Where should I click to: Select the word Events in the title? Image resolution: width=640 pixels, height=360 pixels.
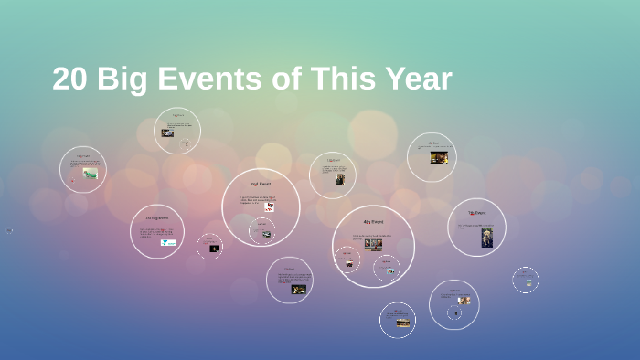pos(210,79)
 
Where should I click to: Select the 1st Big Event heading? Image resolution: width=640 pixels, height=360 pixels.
pos(157,218)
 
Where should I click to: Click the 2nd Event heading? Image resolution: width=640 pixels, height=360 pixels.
pos(261,184)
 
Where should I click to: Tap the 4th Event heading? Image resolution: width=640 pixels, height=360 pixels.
pos(373,222)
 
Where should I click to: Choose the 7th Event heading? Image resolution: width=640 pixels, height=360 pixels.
pos(476,213)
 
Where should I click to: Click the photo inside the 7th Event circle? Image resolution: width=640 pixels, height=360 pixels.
pos(486,237)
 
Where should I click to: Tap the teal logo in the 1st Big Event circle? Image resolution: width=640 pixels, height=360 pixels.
pos(169,242)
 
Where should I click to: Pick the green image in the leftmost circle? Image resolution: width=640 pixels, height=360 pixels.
pos(90,173)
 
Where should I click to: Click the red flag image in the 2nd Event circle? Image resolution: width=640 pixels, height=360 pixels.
pos(270,206)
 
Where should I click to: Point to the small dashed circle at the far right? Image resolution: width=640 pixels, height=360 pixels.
pos(525,281)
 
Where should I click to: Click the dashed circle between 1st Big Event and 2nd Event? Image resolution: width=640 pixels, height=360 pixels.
pos(210,247)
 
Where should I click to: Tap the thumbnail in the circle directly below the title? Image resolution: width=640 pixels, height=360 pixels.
pos(167,132)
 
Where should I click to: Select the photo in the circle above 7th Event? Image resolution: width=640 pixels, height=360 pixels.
pos(439,157)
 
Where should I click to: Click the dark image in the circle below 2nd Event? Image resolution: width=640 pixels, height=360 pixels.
pos(298,289)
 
